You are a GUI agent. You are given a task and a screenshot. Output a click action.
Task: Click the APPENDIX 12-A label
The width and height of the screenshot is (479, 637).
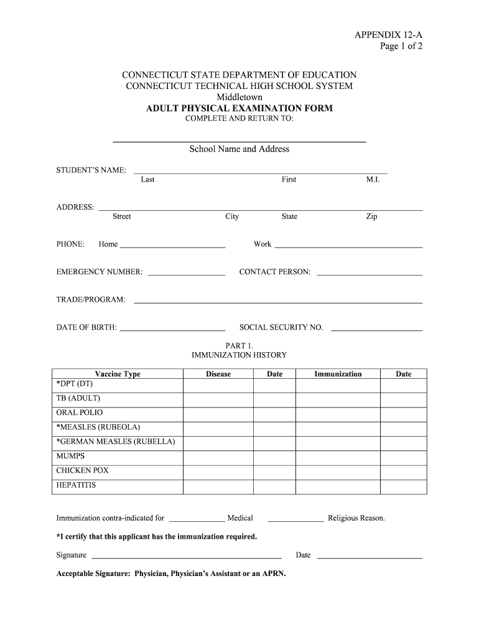[x=388, y=35]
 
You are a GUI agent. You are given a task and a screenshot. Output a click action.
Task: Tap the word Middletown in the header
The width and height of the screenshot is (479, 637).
[x=240, y=97]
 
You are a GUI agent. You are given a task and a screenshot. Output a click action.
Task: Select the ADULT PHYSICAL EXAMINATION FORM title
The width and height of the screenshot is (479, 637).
[x=240, y=108]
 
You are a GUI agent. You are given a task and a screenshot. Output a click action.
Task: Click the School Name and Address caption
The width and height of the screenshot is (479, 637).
[x=240, y=149]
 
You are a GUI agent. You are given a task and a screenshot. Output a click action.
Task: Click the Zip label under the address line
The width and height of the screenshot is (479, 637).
[x=371, y=216]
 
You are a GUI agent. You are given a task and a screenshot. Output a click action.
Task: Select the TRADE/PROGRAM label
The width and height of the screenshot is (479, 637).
[x=91, y=300]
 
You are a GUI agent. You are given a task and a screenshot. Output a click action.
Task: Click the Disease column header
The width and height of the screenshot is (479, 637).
[x=218, y=374]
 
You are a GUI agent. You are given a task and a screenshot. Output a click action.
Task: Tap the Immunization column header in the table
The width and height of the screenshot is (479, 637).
[x=338, y=374]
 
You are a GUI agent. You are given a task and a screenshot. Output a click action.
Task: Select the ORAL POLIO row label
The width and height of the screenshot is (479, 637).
[x=80, y=412]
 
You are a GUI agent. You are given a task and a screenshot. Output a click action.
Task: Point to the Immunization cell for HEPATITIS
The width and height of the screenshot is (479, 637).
[x=338, y=486]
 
